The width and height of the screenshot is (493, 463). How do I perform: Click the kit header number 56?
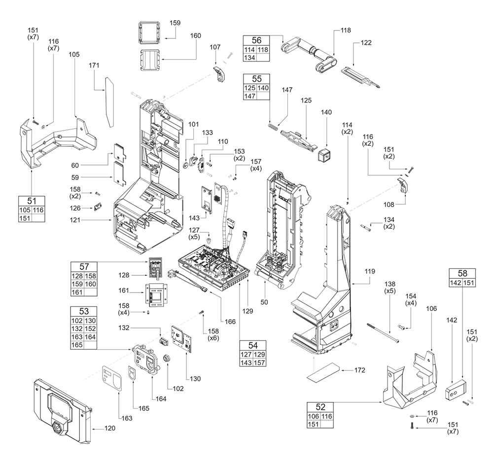pyautogui.click(x=256, y=40)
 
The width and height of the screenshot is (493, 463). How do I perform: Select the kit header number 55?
pyautogui.click(x=256, y=78)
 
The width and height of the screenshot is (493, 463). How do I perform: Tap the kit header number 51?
pyautogui.click(x=31, y=200)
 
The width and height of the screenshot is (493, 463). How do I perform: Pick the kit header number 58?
pyautogui.click(x=462, y=274)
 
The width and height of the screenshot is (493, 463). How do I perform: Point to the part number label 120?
pyautogui.click(x=109, y=428)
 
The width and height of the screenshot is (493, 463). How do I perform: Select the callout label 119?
pyautogui.click(x=370, y=271)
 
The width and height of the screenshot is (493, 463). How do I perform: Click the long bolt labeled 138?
pyautogui.click(x=383, y=333)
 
